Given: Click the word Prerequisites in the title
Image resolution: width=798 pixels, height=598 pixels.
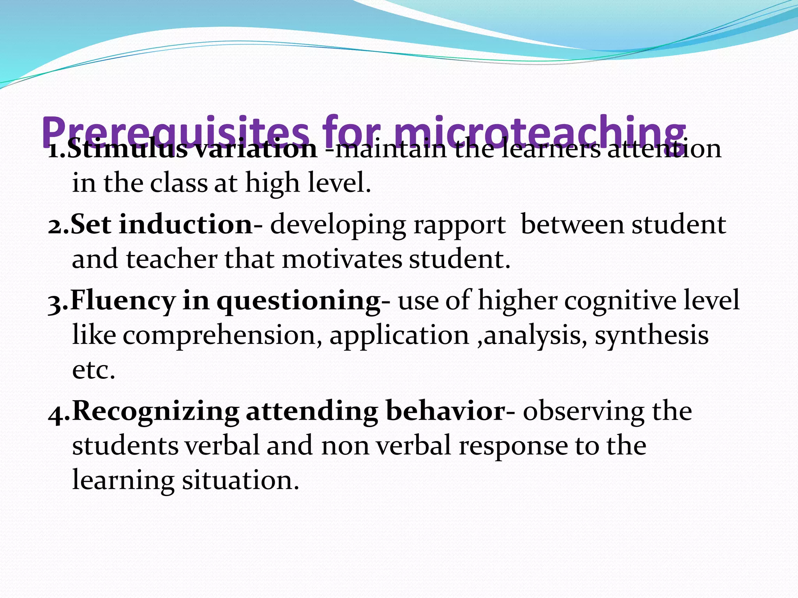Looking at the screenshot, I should point(175,130).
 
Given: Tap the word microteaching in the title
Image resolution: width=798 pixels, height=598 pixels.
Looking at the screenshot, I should point(539,130).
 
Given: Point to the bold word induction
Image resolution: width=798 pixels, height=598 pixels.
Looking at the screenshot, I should point(186,225).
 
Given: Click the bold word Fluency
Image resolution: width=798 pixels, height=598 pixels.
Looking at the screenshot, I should point(123,301).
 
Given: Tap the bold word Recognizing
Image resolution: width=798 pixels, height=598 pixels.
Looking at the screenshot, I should point(155,412).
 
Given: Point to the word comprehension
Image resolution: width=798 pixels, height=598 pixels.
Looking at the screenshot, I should point(222,336).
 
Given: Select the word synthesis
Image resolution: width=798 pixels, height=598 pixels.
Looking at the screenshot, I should point(651,336).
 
